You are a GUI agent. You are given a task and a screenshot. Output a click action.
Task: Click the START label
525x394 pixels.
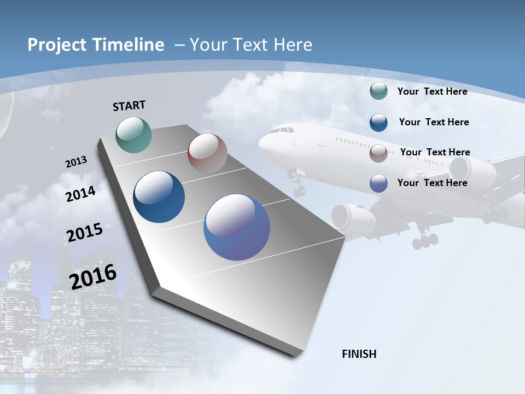pyautogui.click(x=129, y=106)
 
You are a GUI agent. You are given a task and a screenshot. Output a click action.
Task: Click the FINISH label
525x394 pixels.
pyautogui.click(x=359, y=354)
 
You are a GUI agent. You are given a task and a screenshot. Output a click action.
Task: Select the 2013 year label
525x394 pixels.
pyautogui.click(x=76, y=162)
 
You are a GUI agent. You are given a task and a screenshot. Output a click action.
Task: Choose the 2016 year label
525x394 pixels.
pyautogui.click(x=93, y=277)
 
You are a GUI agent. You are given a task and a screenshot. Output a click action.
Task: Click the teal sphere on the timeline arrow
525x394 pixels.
pyautogui.click(x=134, y=135)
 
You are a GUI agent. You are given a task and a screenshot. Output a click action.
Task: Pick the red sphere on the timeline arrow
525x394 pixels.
pyautogui.click(x=207, y=153)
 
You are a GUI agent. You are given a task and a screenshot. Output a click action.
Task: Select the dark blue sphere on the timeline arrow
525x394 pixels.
pyautogui.click(x=159, y=197)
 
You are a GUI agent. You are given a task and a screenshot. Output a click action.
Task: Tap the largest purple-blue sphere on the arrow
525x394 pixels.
pyautogui.click(x=237, y=227)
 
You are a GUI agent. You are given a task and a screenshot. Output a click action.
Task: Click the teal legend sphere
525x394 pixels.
pyautogui.click(x=378, y=91)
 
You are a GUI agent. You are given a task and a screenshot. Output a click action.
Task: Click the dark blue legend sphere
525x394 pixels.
pyautogui.click(x=378, y=122)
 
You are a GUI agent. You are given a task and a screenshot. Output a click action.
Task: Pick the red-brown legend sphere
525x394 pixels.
pyautogui.click(x=378, y=153)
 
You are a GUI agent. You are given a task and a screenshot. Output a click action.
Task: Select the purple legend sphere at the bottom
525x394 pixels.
pyautogui.click(x=378, y=183)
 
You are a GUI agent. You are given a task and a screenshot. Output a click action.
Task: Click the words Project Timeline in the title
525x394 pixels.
pyautogui.click(x=96, y=45)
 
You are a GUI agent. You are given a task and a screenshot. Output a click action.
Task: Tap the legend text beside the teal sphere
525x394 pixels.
pyautogui.click(x=432, y=91)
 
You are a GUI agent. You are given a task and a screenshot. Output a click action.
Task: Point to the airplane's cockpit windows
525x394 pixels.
pyautogui.click(x=282, y=130)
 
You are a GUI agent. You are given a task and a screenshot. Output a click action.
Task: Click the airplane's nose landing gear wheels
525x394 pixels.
pyautogui.click(x=299, y=191)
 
